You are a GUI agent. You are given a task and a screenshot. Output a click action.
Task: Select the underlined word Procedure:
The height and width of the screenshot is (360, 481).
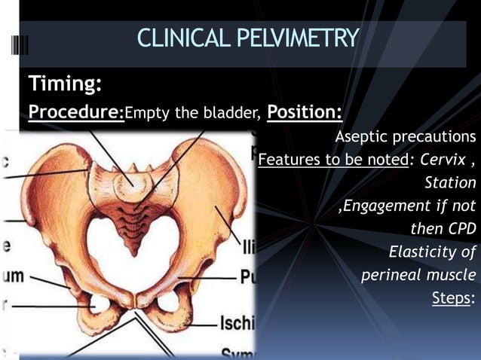76,113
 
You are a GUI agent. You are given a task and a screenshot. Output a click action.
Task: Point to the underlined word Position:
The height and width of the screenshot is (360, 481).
305,113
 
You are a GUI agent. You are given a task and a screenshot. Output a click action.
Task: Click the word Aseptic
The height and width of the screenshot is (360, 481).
359,137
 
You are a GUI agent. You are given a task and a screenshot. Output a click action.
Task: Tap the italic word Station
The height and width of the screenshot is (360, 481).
450,182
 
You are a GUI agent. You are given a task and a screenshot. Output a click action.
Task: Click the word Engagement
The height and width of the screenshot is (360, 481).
385,206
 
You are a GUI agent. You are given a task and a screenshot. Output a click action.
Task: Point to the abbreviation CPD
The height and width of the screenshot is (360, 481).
459,228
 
